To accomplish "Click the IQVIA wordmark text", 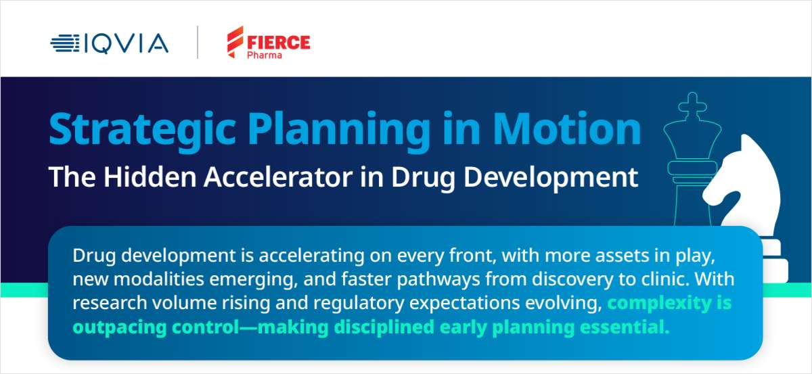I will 126,44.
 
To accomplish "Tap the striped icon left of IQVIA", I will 65,44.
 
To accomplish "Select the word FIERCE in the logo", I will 277,41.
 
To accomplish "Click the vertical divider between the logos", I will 198,43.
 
